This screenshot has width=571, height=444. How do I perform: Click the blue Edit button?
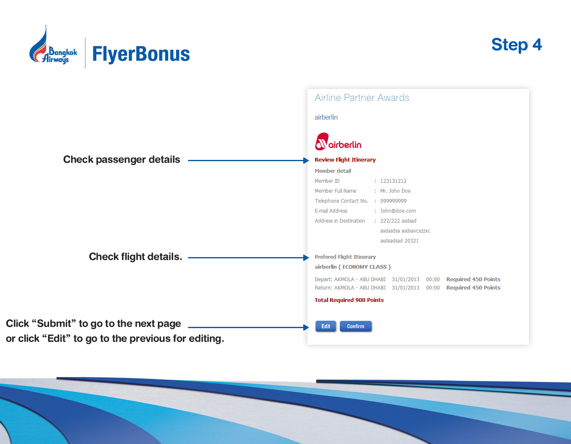326,326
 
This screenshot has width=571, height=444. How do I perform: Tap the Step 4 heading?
516,45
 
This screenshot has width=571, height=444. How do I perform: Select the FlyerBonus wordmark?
141,54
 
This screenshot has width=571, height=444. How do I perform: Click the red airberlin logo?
338,142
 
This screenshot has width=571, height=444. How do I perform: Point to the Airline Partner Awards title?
362,98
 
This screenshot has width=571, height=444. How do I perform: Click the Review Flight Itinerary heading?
345,160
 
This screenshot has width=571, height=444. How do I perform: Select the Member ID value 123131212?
393,181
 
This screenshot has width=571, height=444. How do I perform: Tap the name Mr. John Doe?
395,191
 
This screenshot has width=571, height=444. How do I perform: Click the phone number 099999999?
393,201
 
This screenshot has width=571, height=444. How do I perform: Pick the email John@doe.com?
398,211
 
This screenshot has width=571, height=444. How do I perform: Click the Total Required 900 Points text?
349,300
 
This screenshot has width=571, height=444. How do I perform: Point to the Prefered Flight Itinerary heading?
345,257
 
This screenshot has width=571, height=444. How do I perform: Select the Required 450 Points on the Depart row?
473,279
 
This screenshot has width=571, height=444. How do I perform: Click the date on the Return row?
405,288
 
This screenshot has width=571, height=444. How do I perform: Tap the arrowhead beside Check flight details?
306,258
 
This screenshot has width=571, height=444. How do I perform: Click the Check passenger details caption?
121,159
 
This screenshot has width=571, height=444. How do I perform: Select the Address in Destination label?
340,221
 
